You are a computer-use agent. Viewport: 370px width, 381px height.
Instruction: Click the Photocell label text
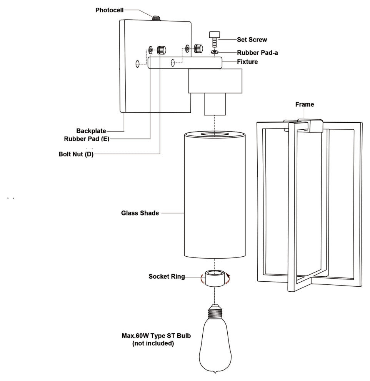pyautogui.click(x=110, y=10)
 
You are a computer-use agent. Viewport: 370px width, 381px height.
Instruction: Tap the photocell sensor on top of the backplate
pyautogui.click(x=157, y=18)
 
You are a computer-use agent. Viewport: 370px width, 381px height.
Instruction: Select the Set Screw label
pyautogui.click(x=252, y=40)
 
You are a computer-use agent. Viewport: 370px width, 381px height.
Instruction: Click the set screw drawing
pyautogui.click(x=214, y=39)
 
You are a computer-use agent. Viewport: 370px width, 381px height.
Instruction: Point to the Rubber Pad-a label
pyautogui.click(x=257, y=53)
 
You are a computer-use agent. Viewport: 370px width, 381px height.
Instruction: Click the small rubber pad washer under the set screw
pyautogui.click(x=215, y=52)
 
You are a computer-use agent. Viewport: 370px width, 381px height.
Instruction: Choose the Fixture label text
pyautogui.click(x=247, y=62)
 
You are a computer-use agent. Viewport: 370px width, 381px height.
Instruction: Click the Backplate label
pyautogui.click(x=91, y=131)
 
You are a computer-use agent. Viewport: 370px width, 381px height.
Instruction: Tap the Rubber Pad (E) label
pyautogui.click(x=87, y=139)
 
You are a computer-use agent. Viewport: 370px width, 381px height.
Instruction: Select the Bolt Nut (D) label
pyautogui.click(x=76, y=154)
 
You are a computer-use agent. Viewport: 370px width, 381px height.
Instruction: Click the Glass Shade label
pyautogui.click(x=140, y=213)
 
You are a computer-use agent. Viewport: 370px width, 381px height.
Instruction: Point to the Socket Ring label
pyautogui.click(x=167, y=277)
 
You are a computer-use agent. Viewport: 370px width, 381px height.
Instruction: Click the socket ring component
pyautogui.click(x=215, y=278)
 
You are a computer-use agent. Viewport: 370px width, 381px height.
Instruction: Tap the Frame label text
pyautogui.click(x=305, y=104)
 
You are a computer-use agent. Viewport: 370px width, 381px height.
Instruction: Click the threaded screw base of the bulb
pyautogui.click(x=215, y=312)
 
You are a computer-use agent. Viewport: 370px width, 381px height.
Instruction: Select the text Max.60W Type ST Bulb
pyautogui.click(x=156, y=336)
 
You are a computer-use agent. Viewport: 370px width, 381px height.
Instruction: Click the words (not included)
pyautogui.click(x=153, y=343)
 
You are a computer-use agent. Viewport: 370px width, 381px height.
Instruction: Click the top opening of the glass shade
pyautogui.click(x=215, y=134)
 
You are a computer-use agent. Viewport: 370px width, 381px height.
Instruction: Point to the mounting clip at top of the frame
pyautogui.click(x=303, y=125)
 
